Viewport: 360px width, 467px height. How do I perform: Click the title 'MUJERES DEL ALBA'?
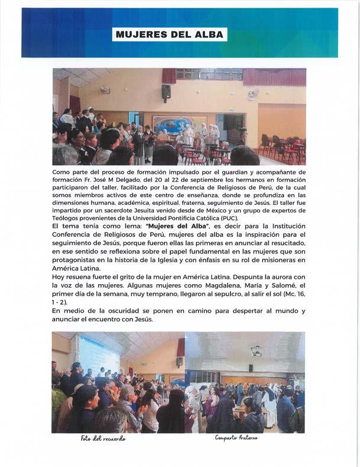(x=170, y=34)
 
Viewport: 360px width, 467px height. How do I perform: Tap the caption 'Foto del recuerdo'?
(x=104, y=439)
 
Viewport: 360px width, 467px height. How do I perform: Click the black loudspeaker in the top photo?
(x=166, y=92)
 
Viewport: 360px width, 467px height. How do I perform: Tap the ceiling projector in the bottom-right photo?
(x=257, y=350)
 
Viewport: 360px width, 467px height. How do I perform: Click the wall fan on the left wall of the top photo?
(x=105, y=90)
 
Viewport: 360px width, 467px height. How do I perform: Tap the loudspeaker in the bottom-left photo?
(x=179, y=361)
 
